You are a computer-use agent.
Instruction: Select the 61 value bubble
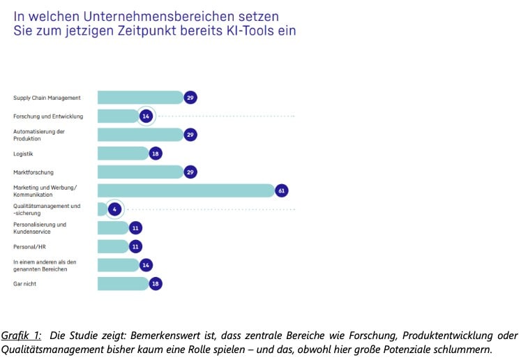(282, 190)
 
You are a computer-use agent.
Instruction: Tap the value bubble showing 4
(115, 209)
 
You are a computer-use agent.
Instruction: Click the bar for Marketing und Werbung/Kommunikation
(185, 190)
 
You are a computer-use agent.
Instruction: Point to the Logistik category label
(24, 153)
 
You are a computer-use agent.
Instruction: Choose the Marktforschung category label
(33, 172)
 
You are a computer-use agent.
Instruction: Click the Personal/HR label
(29, 246)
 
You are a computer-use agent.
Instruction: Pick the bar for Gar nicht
(122, 283)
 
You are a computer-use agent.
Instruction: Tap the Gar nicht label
(26, 283)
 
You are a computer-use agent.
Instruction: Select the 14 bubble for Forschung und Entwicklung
(146, 116)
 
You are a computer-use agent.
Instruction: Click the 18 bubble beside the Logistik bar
(156, 153)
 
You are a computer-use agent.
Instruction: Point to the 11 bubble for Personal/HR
(136, 246)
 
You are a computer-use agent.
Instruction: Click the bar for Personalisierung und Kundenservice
(112, 228)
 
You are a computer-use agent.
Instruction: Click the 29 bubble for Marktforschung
(190, 172)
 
